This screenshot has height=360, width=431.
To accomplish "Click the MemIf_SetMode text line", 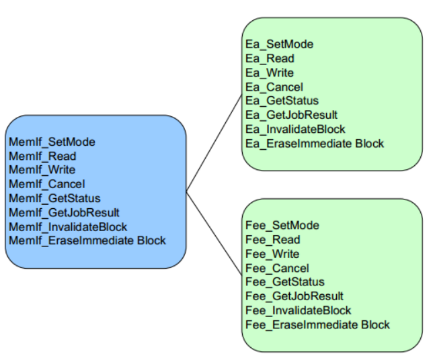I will click(52, 142).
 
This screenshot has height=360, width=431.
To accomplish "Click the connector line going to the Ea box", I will click(214, 144).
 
